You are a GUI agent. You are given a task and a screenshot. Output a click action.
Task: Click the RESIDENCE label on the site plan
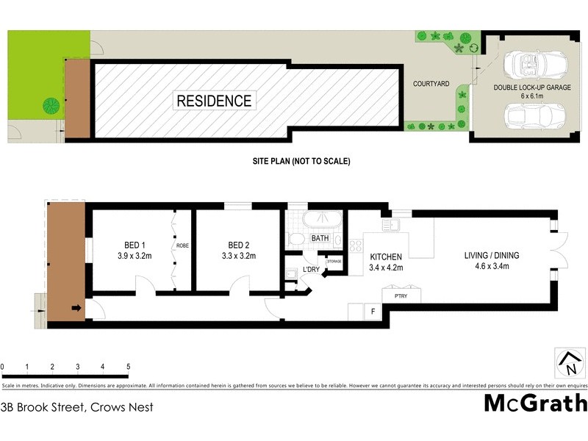click(213, 101)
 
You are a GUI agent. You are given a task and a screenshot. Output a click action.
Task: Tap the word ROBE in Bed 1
click(183, 246)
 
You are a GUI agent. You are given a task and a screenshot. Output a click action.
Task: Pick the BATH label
click(320, 239)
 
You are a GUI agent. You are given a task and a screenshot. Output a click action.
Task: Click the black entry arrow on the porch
click(76, 309)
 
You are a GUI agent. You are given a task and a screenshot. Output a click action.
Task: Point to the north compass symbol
click(568, 361)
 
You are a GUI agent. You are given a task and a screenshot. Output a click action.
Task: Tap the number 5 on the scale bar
click(128, 366)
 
